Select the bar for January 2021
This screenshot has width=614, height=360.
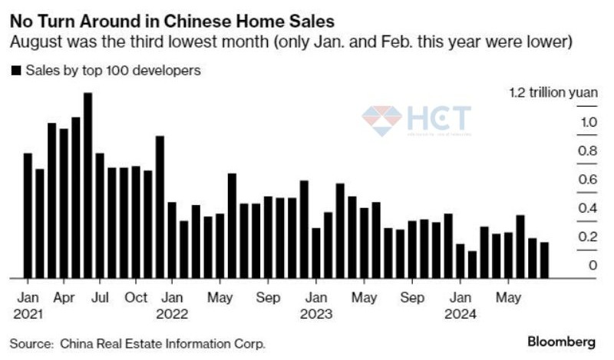(x=28, y=216)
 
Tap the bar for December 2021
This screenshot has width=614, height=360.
(x=160, y=207)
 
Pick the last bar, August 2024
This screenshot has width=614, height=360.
(x=544, y=260)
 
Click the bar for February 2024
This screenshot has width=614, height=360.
(x=472, y=265)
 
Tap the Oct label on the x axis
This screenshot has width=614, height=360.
(x=136, y=297)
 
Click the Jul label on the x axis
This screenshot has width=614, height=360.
(x=100, y=297)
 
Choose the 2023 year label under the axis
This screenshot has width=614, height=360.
(x=315, y=313)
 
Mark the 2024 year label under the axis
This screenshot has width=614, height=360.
(x=460, y=313)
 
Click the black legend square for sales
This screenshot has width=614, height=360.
(x=16, y=71)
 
